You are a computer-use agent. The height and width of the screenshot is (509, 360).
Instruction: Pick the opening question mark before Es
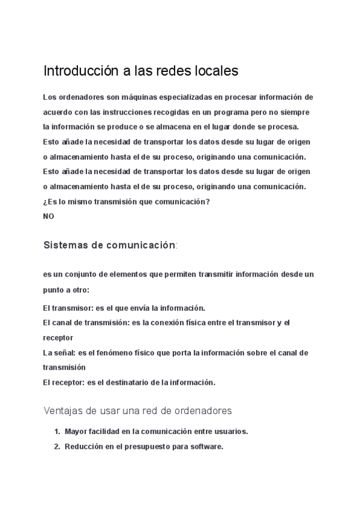click(x=45, y=202)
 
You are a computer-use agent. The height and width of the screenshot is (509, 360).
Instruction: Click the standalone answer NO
click(x=49, y=217)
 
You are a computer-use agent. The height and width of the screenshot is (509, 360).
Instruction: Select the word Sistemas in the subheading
click(x=63, y=245)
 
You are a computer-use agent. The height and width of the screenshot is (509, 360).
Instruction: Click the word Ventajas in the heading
click(x=62, y=411)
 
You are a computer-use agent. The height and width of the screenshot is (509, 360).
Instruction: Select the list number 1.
click(x=57, y=432)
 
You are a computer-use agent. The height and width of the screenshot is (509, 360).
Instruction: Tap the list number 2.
click(x=57, y=446)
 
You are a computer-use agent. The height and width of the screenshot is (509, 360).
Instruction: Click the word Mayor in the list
click(x=76, y=432)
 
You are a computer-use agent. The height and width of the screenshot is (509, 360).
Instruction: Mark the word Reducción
click(x=84, y=446)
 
